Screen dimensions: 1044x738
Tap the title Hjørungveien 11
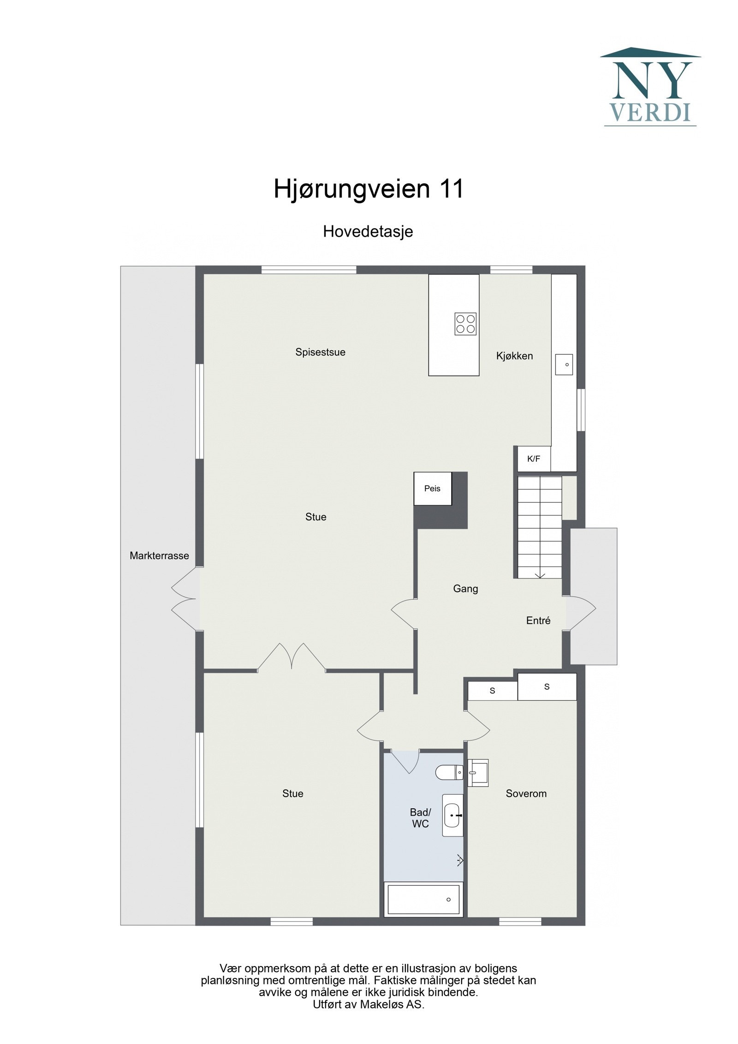369,189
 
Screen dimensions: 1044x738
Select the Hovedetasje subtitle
368,231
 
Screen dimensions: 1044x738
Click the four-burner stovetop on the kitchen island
465,323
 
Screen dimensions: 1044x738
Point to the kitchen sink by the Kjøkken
564,364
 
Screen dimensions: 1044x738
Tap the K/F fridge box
534,459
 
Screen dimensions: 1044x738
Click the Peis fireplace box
432,489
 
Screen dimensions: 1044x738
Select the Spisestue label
320,352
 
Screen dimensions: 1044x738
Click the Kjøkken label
514,356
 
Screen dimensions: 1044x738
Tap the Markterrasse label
159,556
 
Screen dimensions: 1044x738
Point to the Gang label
465,589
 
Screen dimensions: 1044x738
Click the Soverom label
526,793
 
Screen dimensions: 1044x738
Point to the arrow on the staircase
540,575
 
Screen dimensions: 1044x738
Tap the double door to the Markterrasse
184,600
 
